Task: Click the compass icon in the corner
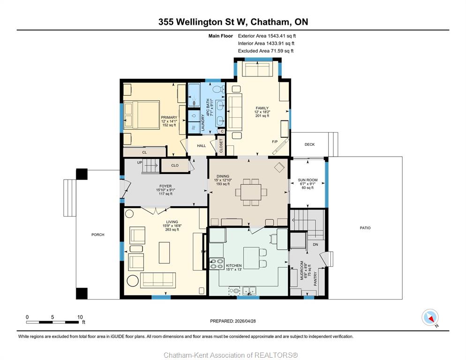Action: click(x=430, y=317)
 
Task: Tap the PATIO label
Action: click(x=365, y=228)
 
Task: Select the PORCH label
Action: click(x=98, y=234)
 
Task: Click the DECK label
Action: click(x=309, y=144)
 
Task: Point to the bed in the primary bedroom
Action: click(x=142, y=115)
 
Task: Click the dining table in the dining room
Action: click(x=251, y=192)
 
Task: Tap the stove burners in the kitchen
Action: click(x=217, y=264)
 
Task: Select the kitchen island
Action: click(x=251, y=258)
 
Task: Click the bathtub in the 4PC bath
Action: click(x=194, y=95)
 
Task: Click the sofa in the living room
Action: click(x=158, y=280)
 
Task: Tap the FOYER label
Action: click(x=165, y=186)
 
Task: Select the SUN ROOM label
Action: click(x=308, y=180)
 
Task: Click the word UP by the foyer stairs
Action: click(x=140, y=163)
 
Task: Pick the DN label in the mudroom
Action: click(x=316, y=244)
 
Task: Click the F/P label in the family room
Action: click(x=275, y=142)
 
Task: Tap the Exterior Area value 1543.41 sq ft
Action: click(x=282, y=36)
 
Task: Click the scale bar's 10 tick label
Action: click(x=80, y=317)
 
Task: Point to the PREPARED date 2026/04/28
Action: click(x=245, y=321)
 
